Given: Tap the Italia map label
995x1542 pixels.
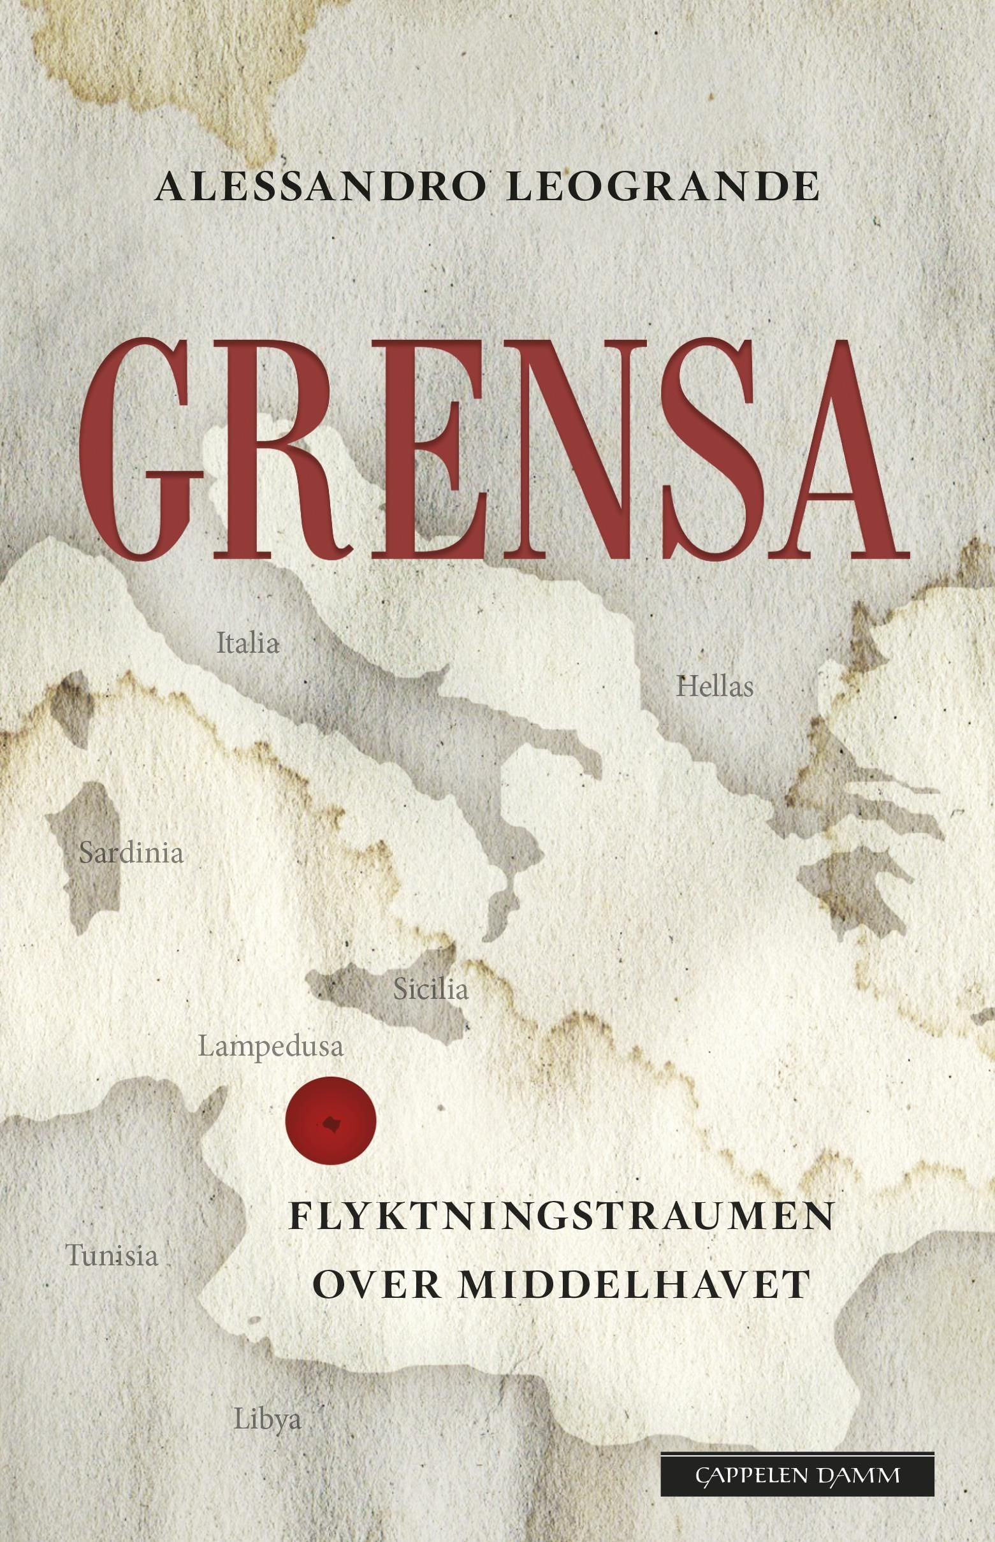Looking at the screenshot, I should tap(247, 643).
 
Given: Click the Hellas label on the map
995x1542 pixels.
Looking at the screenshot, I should tap(715, 686).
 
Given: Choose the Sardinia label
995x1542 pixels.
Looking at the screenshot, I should tap(131, 854).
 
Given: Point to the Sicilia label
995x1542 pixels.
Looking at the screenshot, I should tap(430, 990).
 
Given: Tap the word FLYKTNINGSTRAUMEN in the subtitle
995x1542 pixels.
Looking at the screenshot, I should tap(560, 1218).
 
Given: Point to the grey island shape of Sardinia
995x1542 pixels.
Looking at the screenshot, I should tap(91, 859).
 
